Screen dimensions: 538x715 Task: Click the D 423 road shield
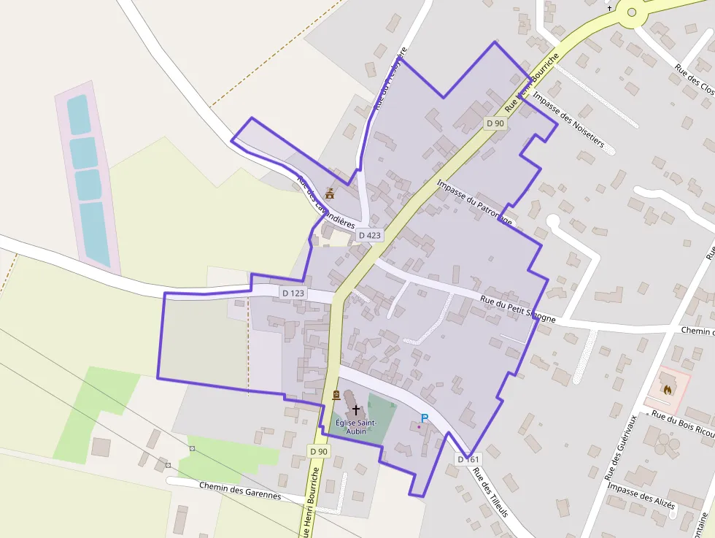(370, 235)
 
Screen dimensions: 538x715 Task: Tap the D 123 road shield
(293, 293)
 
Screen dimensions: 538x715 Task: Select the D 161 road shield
(468, 459)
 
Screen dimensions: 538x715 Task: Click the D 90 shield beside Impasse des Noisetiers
(495, 123)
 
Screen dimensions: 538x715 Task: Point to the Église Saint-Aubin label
(356, 426)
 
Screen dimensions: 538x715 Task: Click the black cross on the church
(356, 410)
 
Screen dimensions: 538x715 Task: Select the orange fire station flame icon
(667, 390)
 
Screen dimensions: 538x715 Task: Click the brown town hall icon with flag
(330, 193)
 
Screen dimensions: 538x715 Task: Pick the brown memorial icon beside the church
(336, 395)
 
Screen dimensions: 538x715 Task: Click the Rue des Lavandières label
(325, 201)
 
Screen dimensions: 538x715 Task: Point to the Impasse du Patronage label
(475, 201)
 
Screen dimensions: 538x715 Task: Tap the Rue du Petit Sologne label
(518, 309)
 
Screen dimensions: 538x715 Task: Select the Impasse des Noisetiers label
(569, 120)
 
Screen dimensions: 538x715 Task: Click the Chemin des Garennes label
(240, 490)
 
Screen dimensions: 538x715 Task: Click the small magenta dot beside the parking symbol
(419, 427)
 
